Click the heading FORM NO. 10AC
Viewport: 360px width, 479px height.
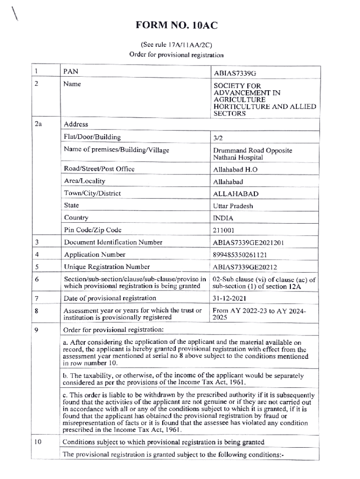(177, 25)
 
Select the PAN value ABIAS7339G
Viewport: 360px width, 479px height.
(235, 74)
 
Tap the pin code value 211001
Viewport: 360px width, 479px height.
(224, 230)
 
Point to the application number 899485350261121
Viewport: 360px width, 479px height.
(242, 255)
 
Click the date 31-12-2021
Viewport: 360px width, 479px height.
(230, 298)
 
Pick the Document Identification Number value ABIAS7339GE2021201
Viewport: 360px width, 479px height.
(248, 243)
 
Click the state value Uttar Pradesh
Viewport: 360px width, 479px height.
(233, 206)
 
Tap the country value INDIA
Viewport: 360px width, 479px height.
(223, 218)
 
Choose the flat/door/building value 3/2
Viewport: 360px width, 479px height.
(218, 138)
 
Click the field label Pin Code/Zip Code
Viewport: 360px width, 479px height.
(93, 230)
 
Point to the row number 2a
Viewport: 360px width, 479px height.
(38, 124)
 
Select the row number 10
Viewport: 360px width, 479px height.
(38, 442)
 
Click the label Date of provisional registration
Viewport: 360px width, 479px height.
(110, 298)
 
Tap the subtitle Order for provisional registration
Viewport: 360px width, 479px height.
(177, 54)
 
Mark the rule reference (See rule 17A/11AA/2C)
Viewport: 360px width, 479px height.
(177, 45)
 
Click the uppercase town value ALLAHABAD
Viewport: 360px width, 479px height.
(236, 194)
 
